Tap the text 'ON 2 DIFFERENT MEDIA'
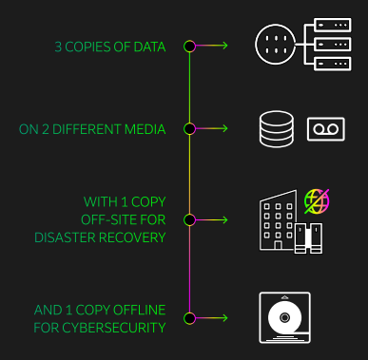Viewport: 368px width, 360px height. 106,127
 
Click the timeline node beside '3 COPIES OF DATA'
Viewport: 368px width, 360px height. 189,46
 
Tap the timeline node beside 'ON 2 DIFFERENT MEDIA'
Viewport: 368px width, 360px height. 189,127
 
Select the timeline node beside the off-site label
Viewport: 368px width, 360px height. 189,219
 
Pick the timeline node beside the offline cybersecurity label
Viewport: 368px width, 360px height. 189,317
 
